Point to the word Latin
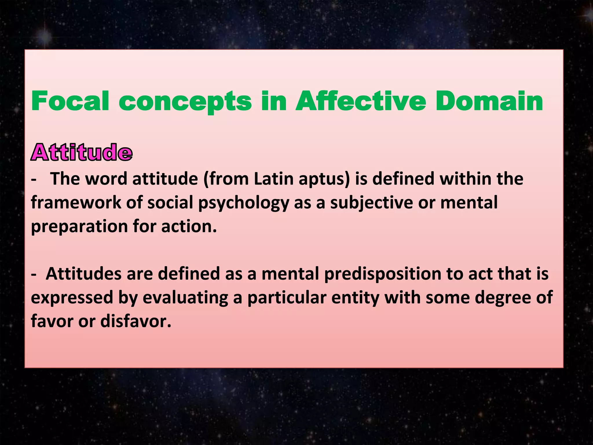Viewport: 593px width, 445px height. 274,179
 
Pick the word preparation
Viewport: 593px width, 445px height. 79,227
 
